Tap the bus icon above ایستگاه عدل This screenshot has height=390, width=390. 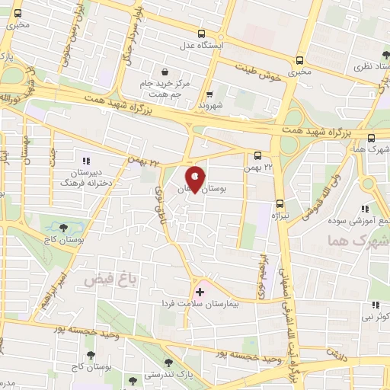click(x=201, y=34)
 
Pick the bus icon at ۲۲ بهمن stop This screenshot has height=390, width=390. click(x=257, y=156)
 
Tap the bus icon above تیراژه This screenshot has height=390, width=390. click(x=280, y=203)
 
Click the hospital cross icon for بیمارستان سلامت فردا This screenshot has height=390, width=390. click(x=200, y=291)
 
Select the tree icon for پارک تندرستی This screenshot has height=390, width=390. click(x=168, y=363)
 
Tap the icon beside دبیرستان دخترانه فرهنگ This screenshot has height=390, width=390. click(x=86, y=161)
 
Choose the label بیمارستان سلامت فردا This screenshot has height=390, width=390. click(x=200, y=303)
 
